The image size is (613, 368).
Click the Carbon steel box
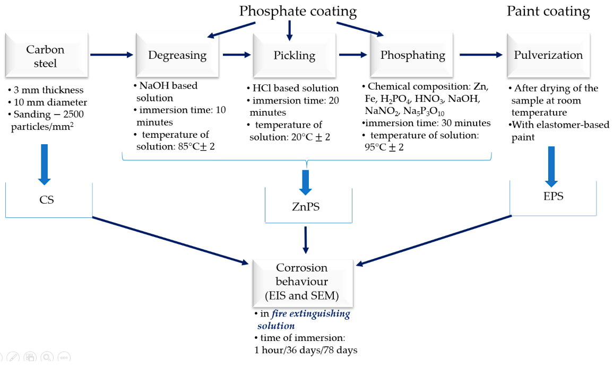[45, 56]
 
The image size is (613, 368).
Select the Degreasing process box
[177, 55]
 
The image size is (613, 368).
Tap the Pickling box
[294, 55]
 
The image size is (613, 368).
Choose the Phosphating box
[412, 55]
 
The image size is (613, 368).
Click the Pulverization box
[548, 55]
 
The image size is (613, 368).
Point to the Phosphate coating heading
[298, 11]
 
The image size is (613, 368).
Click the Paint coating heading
[548, 11]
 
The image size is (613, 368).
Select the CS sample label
[47, 200]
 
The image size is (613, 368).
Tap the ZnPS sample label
[307, 207]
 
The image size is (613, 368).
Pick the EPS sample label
[553, 196]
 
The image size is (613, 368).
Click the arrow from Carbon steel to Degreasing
[112, 55]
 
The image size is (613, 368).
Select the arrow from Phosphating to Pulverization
[480, 55]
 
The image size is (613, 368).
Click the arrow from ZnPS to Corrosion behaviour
[306, 239]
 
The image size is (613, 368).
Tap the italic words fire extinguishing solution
[303, 319]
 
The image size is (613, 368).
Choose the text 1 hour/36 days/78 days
[306, 349]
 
